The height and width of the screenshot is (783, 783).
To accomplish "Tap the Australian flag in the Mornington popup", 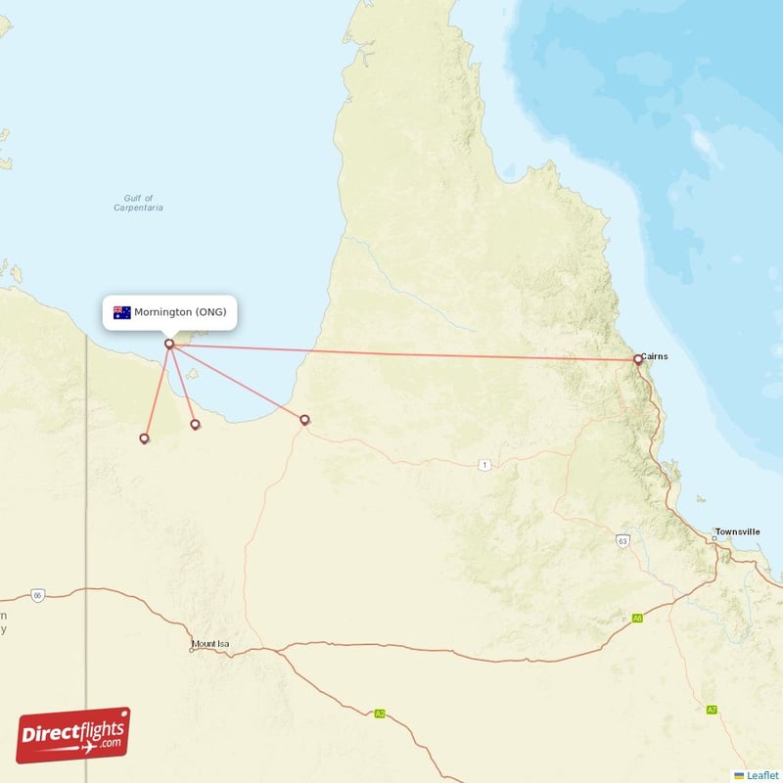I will pos(122,312).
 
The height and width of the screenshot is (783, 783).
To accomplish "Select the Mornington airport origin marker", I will pos(169,344).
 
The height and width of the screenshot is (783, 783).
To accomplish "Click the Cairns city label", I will pos(656,356).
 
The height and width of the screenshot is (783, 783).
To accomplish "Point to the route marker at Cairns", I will pos(638,359).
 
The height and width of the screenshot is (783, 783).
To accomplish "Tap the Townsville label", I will pos(737,531).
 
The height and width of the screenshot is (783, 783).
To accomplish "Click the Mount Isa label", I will pos(210,644).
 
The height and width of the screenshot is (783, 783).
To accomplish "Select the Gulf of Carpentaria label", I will pos(138,203).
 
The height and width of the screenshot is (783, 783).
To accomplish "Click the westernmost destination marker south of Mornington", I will pos(145,438).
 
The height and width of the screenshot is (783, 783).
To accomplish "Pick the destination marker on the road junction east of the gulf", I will pos(304,420).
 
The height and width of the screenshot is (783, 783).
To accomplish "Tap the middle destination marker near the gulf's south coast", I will pos(195,424).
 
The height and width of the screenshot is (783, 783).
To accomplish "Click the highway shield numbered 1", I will pos(484,464).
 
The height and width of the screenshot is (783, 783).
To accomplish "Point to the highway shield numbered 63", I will pos(622,539).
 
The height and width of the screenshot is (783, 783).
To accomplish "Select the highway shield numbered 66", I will pos(37,595).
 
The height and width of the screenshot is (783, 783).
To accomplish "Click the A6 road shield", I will pos(637,618).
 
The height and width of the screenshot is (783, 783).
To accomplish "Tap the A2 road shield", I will pos(380,714).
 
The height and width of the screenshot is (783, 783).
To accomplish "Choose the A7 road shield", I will pos(712,709).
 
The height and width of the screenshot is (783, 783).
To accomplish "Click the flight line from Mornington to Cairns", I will pos(411,351).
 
